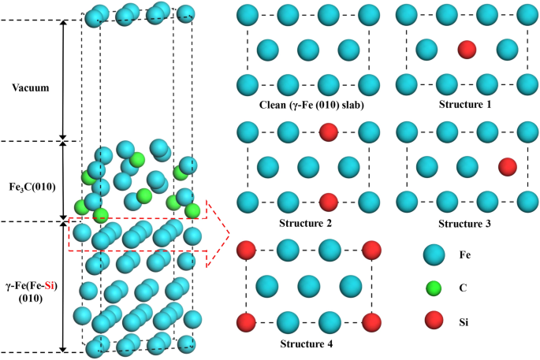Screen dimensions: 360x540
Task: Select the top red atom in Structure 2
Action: click(329, 132)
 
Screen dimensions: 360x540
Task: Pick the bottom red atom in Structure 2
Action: click(329, 202)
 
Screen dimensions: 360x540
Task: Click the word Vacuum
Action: click(31, 88)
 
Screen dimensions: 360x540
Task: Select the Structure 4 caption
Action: click(308, 343)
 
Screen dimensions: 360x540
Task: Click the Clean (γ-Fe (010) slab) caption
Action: click(308, 104)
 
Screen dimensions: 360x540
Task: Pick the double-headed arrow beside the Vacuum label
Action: click(63, 79)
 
